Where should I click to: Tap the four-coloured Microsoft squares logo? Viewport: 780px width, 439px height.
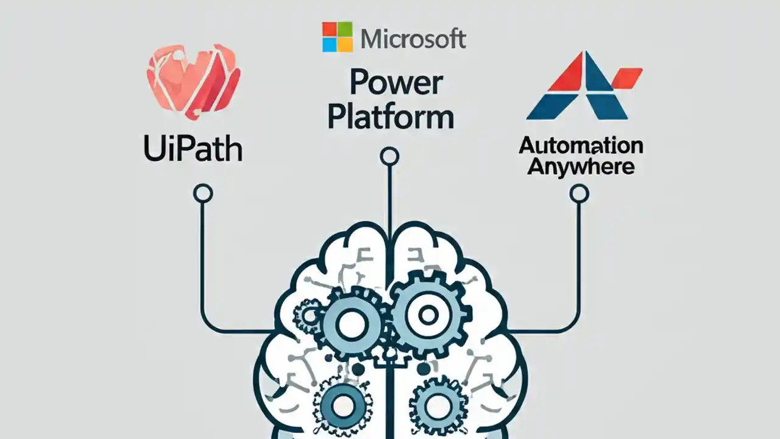pos(338,37)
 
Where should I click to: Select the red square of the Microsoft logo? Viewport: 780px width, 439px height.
pos(330,29)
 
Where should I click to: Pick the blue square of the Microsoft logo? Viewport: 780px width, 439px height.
pos(330,45)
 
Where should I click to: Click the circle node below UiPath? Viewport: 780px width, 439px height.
pos(203,194)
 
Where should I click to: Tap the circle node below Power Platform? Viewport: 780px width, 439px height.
pos(389,157)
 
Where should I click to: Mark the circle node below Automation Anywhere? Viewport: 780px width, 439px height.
pos(579,194)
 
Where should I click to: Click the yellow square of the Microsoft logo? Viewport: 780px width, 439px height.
pos(346,45)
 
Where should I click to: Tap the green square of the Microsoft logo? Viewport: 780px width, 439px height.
pos(346,29)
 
